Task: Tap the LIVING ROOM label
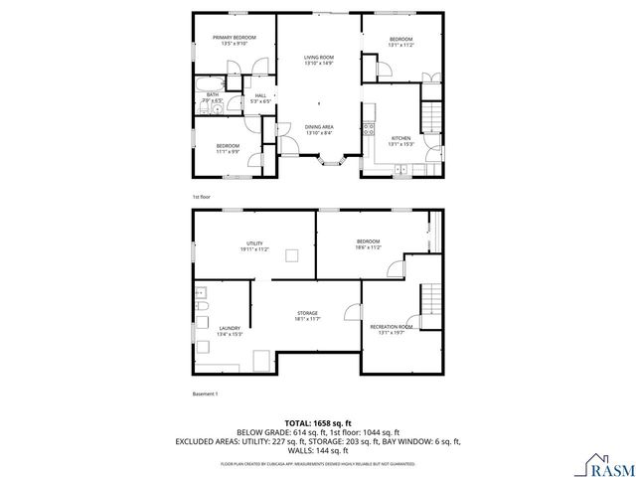[x=318, y=59]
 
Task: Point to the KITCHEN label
[x=400, y=137]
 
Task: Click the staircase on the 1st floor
[x=431, y=116]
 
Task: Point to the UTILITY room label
[x=254, y=243]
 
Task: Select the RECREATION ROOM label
[x=392, y=327]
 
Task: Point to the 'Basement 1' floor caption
[x=205, y=394]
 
